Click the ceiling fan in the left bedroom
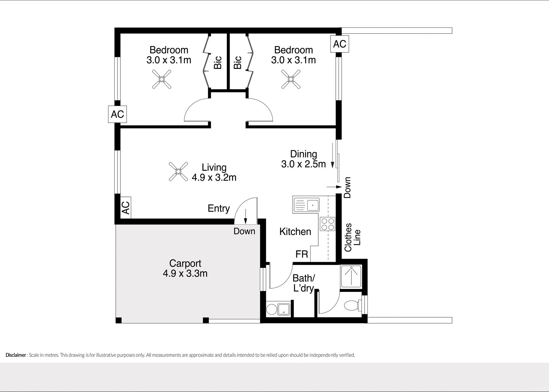click(x=162, y=79)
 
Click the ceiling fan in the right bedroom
click(x=291, y=79)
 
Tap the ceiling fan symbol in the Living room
click(x=178, y=172)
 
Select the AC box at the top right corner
click(x=340, y=44)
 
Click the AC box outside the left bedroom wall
click(x=117, y=114)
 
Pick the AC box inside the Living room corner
click(x=126, y=208)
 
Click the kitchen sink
click(x=306, y=205)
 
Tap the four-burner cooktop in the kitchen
click(x=328, y=224)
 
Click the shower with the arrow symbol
click(x=351, y=276)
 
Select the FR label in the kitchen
click(x=302, y=254)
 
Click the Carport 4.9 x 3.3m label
click(x=185, y=268)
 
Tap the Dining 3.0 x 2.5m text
click(x=303, y=159)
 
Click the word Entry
click(x=219, y=208)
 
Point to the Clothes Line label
click(x=352, y=237)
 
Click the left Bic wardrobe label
click(x=218, y=62)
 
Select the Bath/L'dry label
click(x=303, y=283)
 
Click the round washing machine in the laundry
click(x=271, y=310)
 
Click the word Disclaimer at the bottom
click(x=16, y=355)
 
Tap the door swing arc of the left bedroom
click(x=192, y=107)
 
